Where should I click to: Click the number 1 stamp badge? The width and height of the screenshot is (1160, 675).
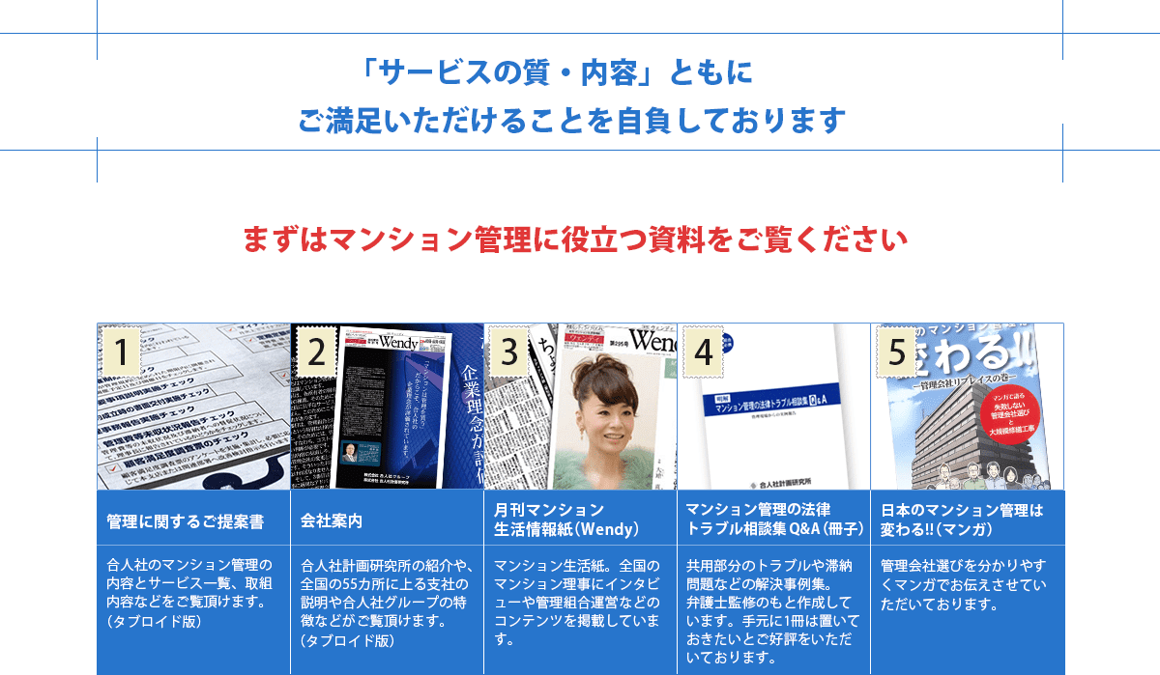pyautogui.click(x=122, y=353)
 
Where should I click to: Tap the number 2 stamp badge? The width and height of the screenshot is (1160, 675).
pyautogui.click(x=315, y=353)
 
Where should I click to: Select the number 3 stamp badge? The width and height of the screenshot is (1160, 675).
pyautogui.click(x=508, y=353)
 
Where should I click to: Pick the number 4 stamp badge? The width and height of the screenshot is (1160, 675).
pyautogui.click(x=703, y=353)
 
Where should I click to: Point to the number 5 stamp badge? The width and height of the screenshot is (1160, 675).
pyautogui.click(x=896, y=353)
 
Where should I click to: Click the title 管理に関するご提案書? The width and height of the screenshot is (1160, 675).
pyautogui.click(x=186, y=520)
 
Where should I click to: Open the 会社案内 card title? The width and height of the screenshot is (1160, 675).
pyautogui.click(x=332, y=520)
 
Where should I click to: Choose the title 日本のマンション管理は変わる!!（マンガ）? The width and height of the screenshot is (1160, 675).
pyautogui.click(x=962, y=520)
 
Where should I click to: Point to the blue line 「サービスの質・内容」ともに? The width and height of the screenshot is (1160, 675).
pyautogui.click(x=553, y=71)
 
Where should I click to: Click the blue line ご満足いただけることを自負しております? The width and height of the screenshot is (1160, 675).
pyautogui.click(x=572, y=122)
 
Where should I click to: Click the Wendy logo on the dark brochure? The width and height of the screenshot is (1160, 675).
pyautogui.click(x=397, y=342)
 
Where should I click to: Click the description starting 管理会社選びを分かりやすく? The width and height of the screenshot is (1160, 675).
pyautogui.click(x=963, y=584)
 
